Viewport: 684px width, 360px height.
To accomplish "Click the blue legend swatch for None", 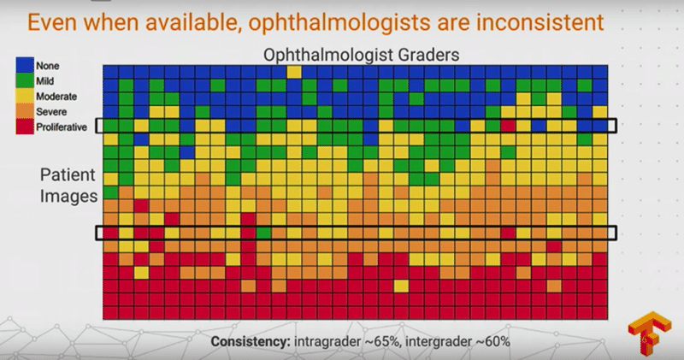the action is (x=25, y=65).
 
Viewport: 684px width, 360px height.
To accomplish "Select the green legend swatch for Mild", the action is (x=25, y=80).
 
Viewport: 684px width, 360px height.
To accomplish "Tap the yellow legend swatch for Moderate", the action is (x=25, y=96).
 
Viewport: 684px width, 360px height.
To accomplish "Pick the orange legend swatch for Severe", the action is (x=25, y=111).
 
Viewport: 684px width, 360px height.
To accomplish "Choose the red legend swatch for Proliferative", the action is (x=25, y=127).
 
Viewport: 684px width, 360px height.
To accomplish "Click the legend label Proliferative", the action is (x=62, y=127).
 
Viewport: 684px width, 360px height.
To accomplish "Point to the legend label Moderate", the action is (x=56, y=97).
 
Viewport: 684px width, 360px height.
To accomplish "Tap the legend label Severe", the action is (x=51, y=112).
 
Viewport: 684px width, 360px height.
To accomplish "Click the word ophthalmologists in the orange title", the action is (x=339, y=23).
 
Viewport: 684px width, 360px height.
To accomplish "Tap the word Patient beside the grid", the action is (x=68, y=174).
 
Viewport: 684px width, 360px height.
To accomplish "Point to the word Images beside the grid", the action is (x=69, y=197).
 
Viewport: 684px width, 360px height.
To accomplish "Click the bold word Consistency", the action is (x=251, y=341).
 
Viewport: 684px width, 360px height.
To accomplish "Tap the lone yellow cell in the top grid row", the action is (x=294, y=72).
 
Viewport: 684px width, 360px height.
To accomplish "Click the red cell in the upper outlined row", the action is (x=508, y=126).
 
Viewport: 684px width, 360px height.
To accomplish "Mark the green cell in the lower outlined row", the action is (x=263, y=233).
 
